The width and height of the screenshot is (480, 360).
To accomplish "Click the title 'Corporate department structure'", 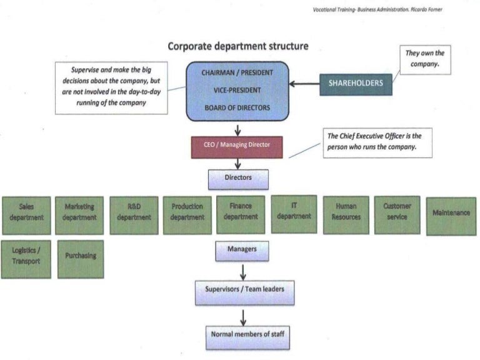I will (237, 47).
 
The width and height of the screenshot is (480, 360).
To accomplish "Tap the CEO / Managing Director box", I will (237, 145).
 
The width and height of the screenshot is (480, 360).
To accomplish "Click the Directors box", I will (238, 179).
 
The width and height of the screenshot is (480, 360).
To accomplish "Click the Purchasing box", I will (80, 259).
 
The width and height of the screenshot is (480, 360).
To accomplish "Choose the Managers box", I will (242, 251).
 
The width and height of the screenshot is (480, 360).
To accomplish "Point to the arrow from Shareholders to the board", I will (304, 84).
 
